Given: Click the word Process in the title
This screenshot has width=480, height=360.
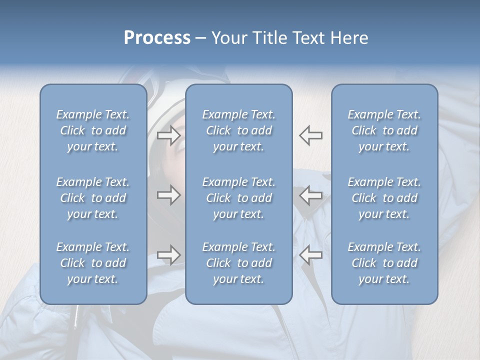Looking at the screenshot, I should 157,38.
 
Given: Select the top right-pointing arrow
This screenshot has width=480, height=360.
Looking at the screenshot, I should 168,135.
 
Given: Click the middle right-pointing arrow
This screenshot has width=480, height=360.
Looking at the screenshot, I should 168,195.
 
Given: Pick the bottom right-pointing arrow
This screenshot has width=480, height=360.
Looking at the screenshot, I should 168,255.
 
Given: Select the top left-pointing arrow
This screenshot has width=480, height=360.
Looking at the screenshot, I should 311,135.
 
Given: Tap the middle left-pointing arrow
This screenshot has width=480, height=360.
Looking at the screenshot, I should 311,195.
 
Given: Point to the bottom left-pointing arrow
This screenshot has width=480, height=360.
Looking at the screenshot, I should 311,255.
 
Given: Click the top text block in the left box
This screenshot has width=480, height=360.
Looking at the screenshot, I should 93,130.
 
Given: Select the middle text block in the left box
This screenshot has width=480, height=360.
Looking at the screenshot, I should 93,198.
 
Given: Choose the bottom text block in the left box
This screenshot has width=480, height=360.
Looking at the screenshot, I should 93,263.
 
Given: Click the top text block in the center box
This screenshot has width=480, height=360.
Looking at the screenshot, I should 238,130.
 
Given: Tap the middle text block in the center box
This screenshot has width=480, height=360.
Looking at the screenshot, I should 238,198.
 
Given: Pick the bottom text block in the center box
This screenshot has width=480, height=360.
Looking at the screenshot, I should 238,263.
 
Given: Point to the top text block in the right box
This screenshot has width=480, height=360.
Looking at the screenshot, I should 384,130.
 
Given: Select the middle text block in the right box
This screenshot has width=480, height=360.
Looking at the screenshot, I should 384,198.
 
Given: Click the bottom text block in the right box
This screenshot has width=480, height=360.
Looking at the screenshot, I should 384,263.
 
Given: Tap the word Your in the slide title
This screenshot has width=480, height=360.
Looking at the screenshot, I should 227,38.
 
